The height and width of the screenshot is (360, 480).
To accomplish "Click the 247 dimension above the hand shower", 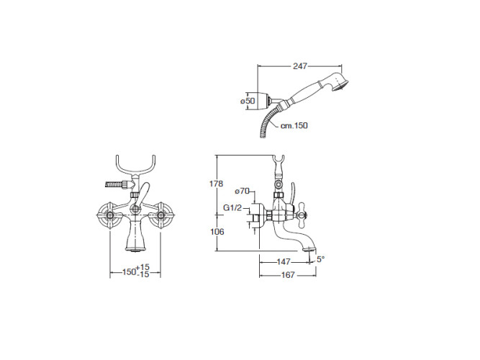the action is (299, 66).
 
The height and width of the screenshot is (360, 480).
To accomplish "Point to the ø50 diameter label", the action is (248, 101).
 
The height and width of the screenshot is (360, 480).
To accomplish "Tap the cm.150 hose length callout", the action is (294, 125).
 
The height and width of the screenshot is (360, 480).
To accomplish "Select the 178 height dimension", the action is (216, 184).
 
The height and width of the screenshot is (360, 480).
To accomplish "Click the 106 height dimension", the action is (217, 232).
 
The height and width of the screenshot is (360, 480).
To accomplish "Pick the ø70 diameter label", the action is (242, 192).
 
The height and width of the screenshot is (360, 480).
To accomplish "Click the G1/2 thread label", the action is (232, 208).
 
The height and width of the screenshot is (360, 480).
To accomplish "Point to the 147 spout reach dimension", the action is (284, 262).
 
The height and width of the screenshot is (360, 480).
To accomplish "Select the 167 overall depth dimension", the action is (288, 275).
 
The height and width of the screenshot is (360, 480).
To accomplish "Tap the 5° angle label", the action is (320, 259).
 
